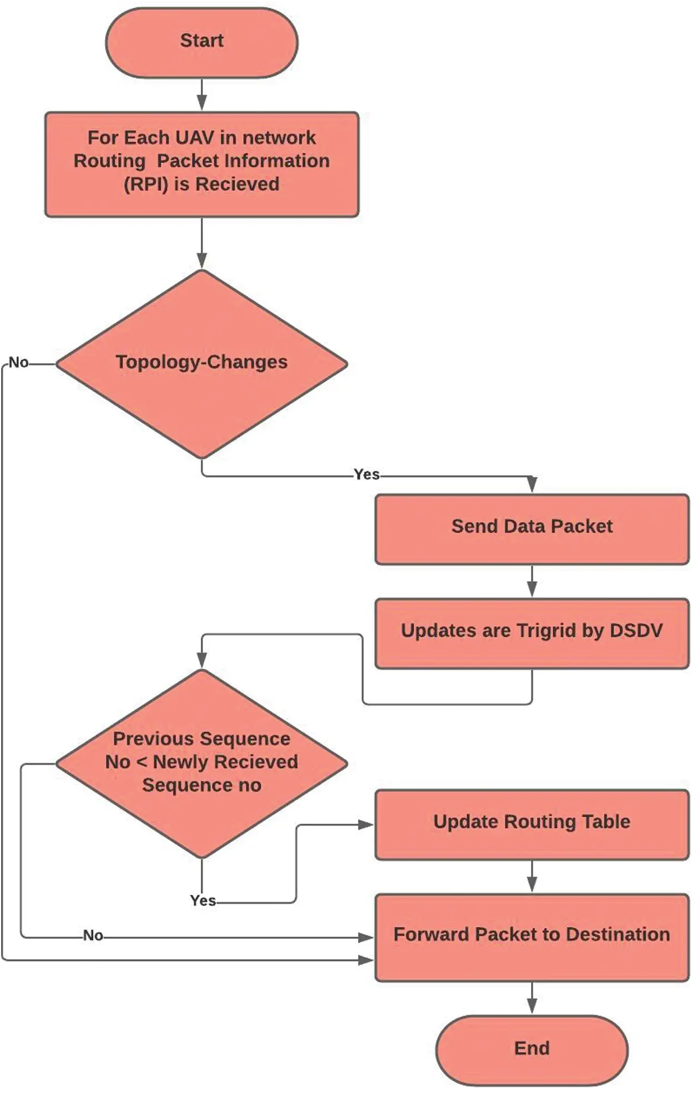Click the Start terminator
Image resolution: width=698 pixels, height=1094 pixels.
click(201, 42)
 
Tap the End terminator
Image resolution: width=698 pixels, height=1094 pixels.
click(532, 1048)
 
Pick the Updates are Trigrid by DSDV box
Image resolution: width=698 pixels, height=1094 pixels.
click(532, 632)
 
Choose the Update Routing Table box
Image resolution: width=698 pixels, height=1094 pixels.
click(532, 824)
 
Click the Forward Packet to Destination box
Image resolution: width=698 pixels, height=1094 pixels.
click(532, 936)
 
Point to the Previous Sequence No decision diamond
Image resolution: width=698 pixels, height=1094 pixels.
click(201, 763)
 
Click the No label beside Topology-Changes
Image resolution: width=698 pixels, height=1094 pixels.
click(18, 363)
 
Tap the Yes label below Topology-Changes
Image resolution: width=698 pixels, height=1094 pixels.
click(367, 474)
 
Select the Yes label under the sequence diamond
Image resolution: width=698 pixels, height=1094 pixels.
click(202, 900)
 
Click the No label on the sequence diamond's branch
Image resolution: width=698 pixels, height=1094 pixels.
click(93, 935)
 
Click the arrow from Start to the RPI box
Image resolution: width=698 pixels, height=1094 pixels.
click(201, 95)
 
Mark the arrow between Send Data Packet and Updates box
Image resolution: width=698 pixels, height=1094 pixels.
click(532, 581)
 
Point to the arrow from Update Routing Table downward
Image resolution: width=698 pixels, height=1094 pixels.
click(532, 877)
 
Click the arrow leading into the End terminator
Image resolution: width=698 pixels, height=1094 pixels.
click(532, 998)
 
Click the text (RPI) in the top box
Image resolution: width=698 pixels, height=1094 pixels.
click(146, 184)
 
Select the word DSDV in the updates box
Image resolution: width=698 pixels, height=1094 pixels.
click(636, 631)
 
